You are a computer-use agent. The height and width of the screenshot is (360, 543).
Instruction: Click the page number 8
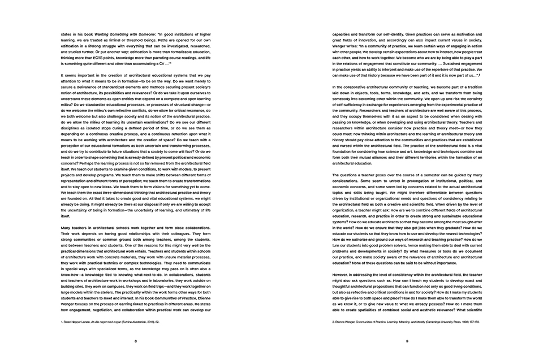pos(136,341)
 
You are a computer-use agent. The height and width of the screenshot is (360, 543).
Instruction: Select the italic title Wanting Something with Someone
pos(119,34)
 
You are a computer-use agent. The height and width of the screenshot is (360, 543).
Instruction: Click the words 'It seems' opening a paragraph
pos(68,76)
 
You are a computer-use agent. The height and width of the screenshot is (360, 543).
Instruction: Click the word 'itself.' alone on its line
pos(65,215)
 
